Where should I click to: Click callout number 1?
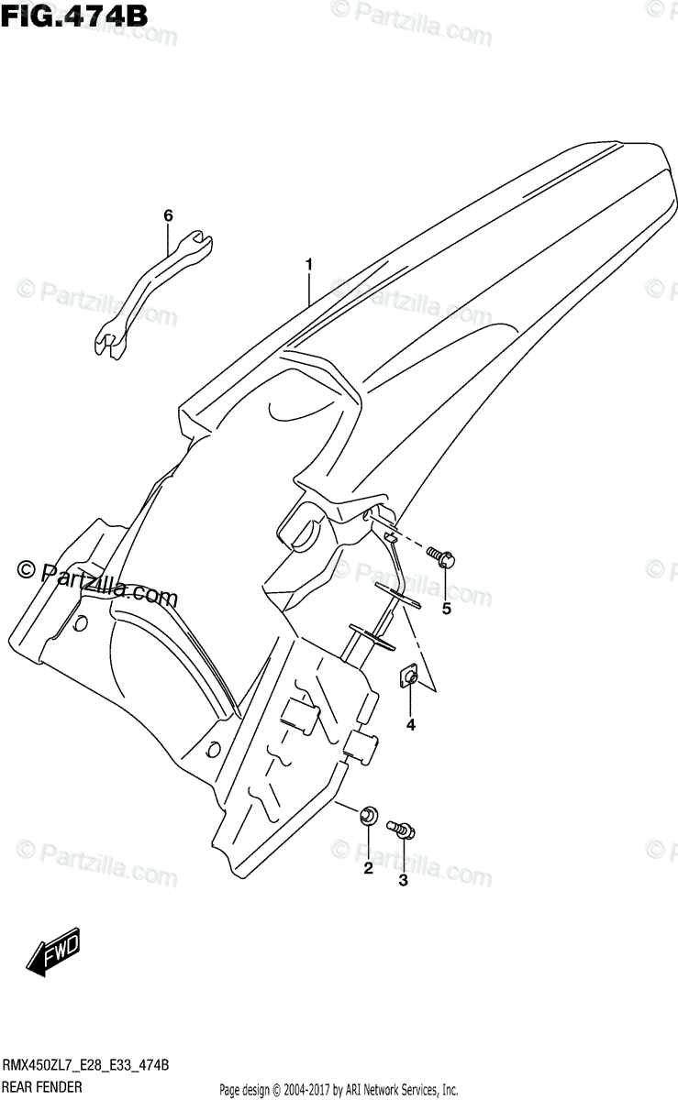click(x=309, y=265)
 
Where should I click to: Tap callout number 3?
click(x=402, y=882)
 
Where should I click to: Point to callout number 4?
click(x=411, y=725)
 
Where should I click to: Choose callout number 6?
click(x=168, y=215)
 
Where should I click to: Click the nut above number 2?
click(x=369, y=813)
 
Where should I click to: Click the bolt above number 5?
click(x=442, y=555)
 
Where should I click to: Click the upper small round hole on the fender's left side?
click(x=80, y=624)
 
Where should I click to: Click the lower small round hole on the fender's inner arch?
click(x=214, y=748)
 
